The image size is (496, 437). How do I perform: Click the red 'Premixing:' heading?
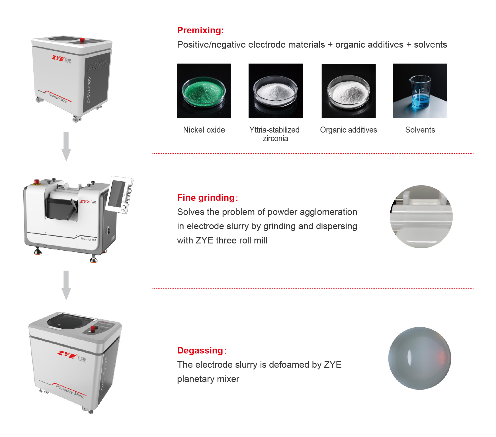click(x=200, y=30)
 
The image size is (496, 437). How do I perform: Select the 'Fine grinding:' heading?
click(x=207, y=198)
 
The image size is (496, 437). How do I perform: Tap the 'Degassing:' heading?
click(x=202, y=350)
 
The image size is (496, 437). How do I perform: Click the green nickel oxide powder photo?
click(x=204, y=91)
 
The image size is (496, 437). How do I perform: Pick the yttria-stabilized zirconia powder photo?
click(x=276, y=91)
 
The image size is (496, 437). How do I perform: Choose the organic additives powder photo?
click(x=349, y=91)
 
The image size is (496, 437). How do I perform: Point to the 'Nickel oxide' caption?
click(x=204, y=130)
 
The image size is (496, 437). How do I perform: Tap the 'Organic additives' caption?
click(x=349, y=130)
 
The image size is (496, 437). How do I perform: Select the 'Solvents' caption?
click(x=420, y=130)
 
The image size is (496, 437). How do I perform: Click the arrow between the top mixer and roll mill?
click(x=66, y=147)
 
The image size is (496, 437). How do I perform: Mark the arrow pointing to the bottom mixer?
click(x=66, y=285)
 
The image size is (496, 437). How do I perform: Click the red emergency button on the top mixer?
click(x=82, y=40)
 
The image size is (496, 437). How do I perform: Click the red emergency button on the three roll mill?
click(x=36, y=182)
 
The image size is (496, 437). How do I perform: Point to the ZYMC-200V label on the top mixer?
click(x=89, y=90)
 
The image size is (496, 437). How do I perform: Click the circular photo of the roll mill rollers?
click(x=421, y=217)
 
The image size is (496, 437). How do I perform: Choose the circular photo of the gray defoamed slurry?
click(x=420, y=358)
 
